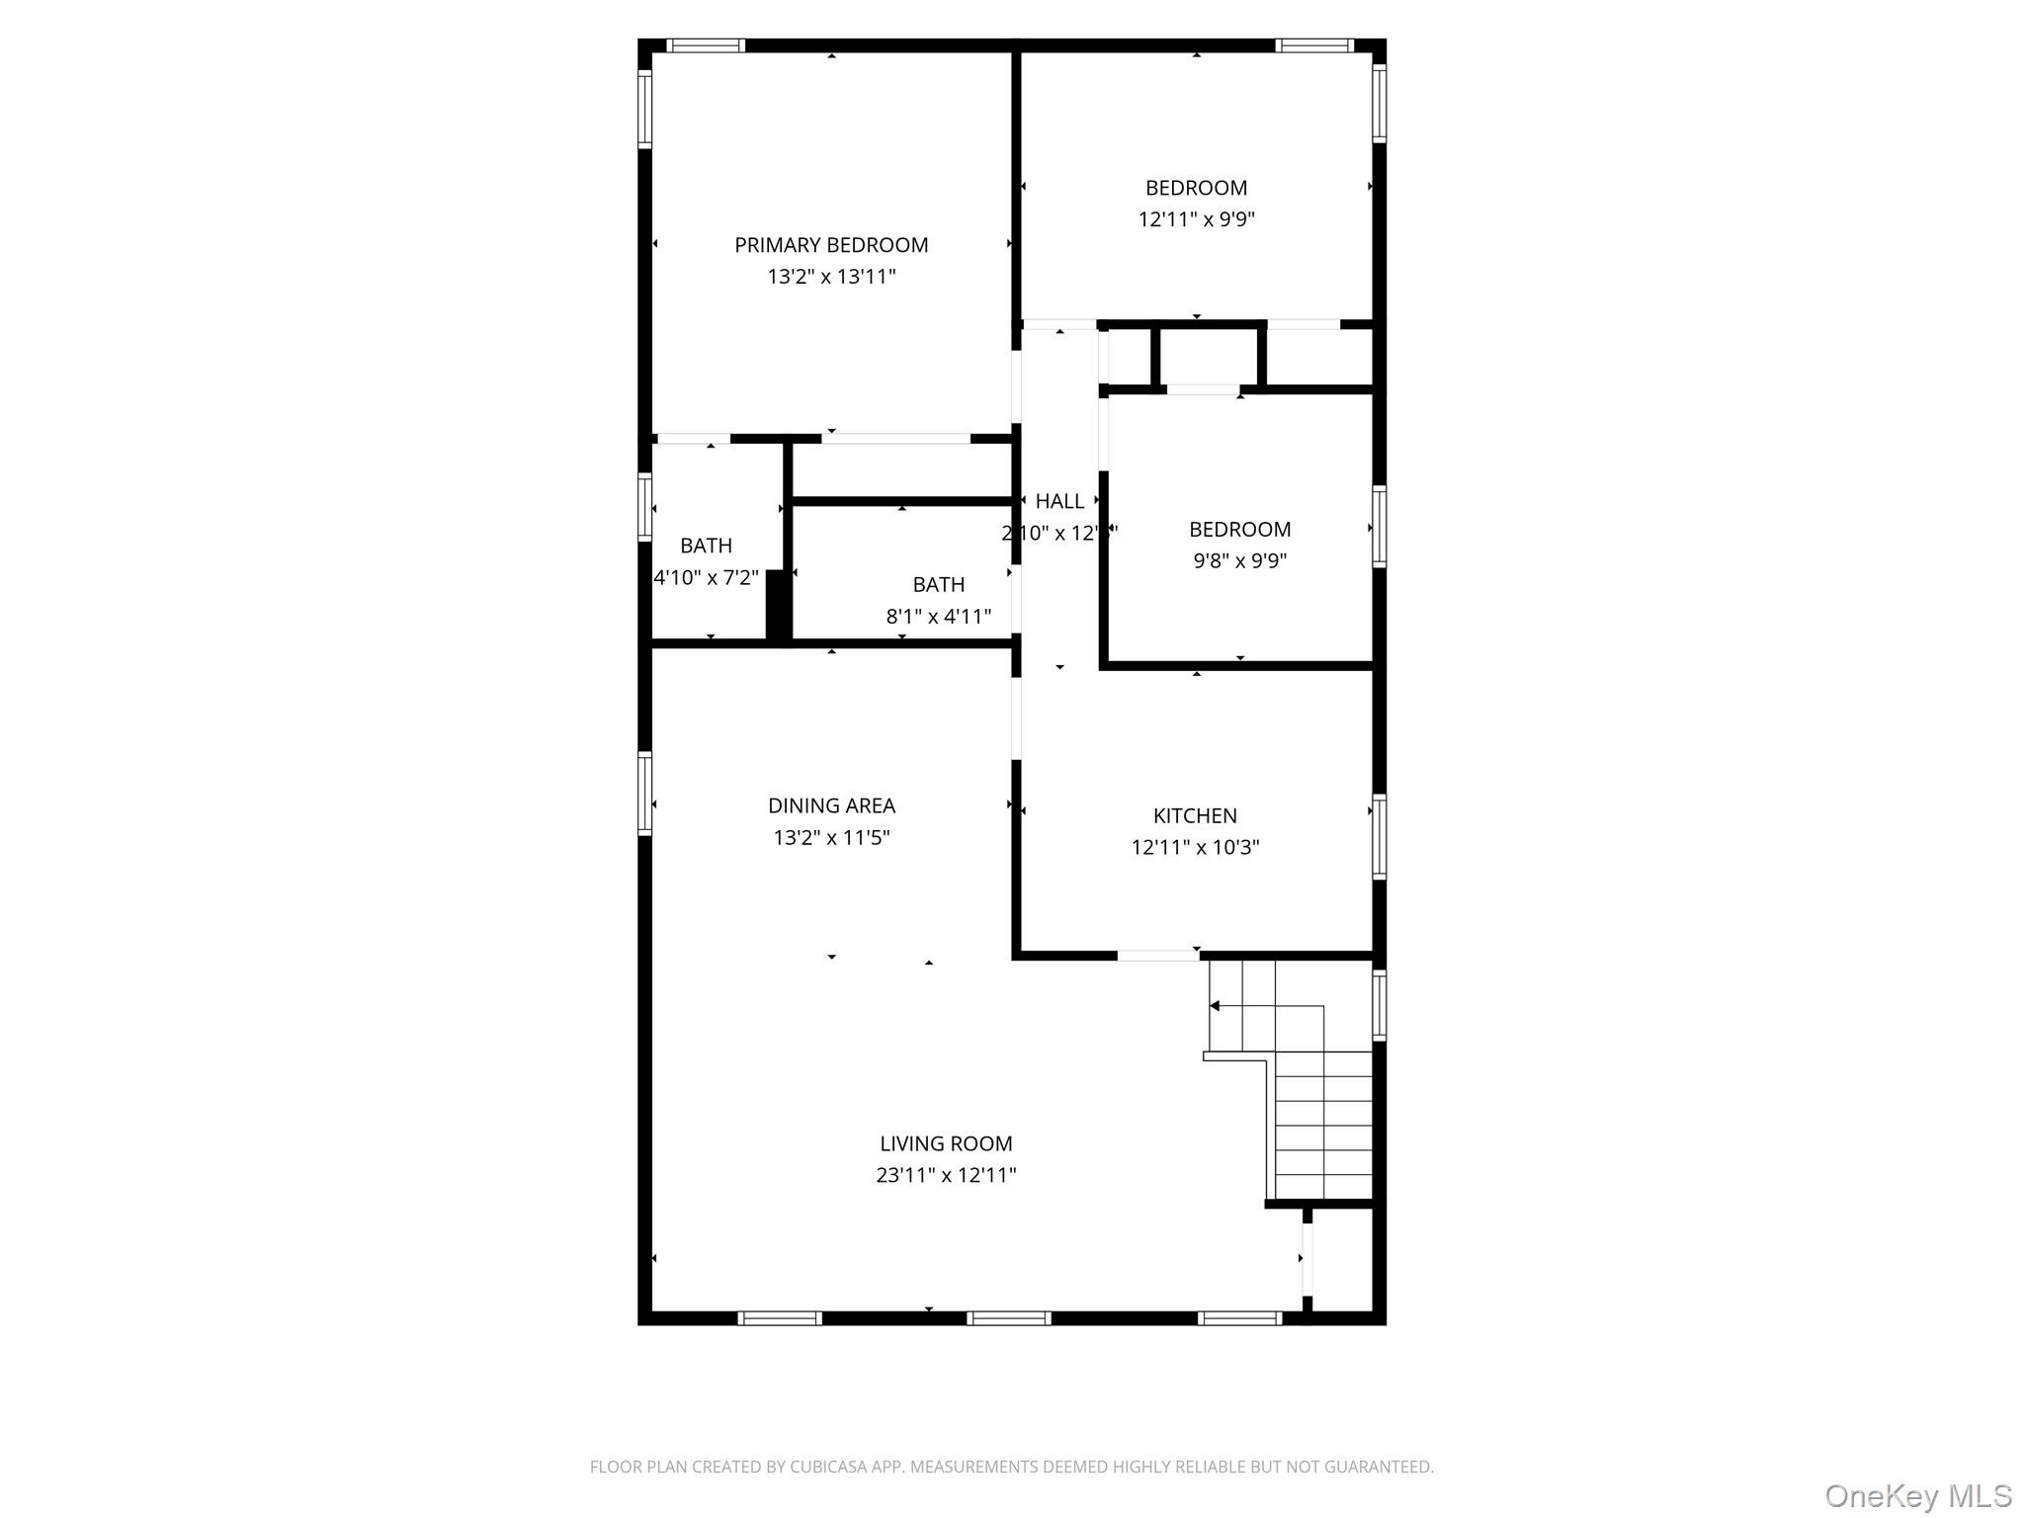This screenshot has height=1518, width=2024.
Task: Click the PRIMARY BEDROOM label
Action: [831, 245]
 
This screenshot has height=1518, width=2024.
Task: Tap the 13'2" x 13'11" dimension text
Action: [831, 277]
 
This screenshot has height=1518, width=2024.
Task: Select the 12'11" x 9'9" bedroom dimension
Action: [1196, 219]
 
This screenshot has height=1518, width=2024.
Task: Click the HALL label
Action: [1059, 501]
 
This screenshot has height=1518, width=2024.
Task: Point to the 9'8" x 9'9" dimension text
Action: [1239, 561]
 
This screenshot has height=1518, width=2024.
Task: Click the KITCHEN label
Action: [1195, 815]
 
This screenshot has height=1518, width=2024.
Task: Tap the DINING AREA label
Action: [831, 805]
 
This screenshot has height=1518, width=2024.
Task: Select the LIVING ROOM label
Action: [946, 1143]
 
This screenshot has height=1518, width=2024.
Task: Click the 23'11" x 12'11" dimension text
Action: [946, 1175]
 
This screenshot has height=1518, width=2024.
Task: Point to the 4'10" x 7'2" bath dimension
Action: [706, 577]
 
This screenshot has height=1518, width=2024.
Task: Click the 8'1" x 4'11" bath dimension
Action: [938, 617]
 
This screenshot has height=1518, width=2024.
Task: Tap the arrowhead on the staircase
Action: [1215, 1006]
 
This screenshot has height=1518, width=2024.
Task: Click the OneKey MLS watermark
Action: [1917, 1495]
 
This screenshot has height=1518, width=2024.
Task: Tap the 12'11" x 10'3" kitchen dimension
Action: [1195, 847]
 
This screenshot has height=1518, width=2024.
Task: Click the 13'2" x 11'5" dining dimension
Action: [831, 838]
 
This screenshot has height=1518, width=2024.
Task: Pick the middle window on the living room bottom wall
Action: [1008, 1317]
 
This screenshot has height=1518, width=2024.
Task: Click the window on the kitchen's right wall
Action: [1380, 836]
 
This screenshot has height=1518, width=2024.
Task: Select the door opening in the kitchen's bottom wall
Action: [1156, 955]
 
